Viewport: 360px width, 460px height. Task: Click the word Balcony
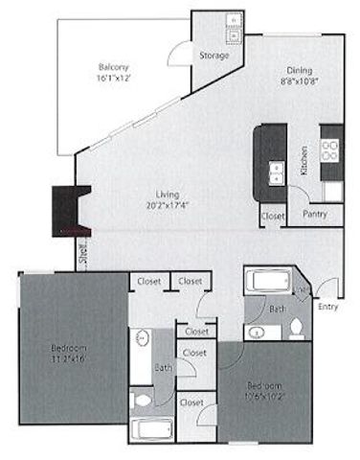113,67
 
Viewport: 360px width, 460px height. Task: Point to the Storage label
214,56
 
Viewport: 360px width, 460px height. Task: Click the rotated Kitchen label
304,169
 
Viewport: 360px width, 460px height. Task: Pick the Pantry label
315,215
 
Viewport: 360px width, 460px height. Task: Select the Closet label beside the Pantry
273,216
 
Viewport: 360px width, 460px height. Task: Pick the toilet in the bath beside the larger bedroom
141,399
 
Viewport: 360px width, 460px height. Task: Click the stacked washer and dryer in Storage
231,28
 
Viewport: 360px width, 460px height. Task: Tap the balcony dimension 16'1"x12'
113,80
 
